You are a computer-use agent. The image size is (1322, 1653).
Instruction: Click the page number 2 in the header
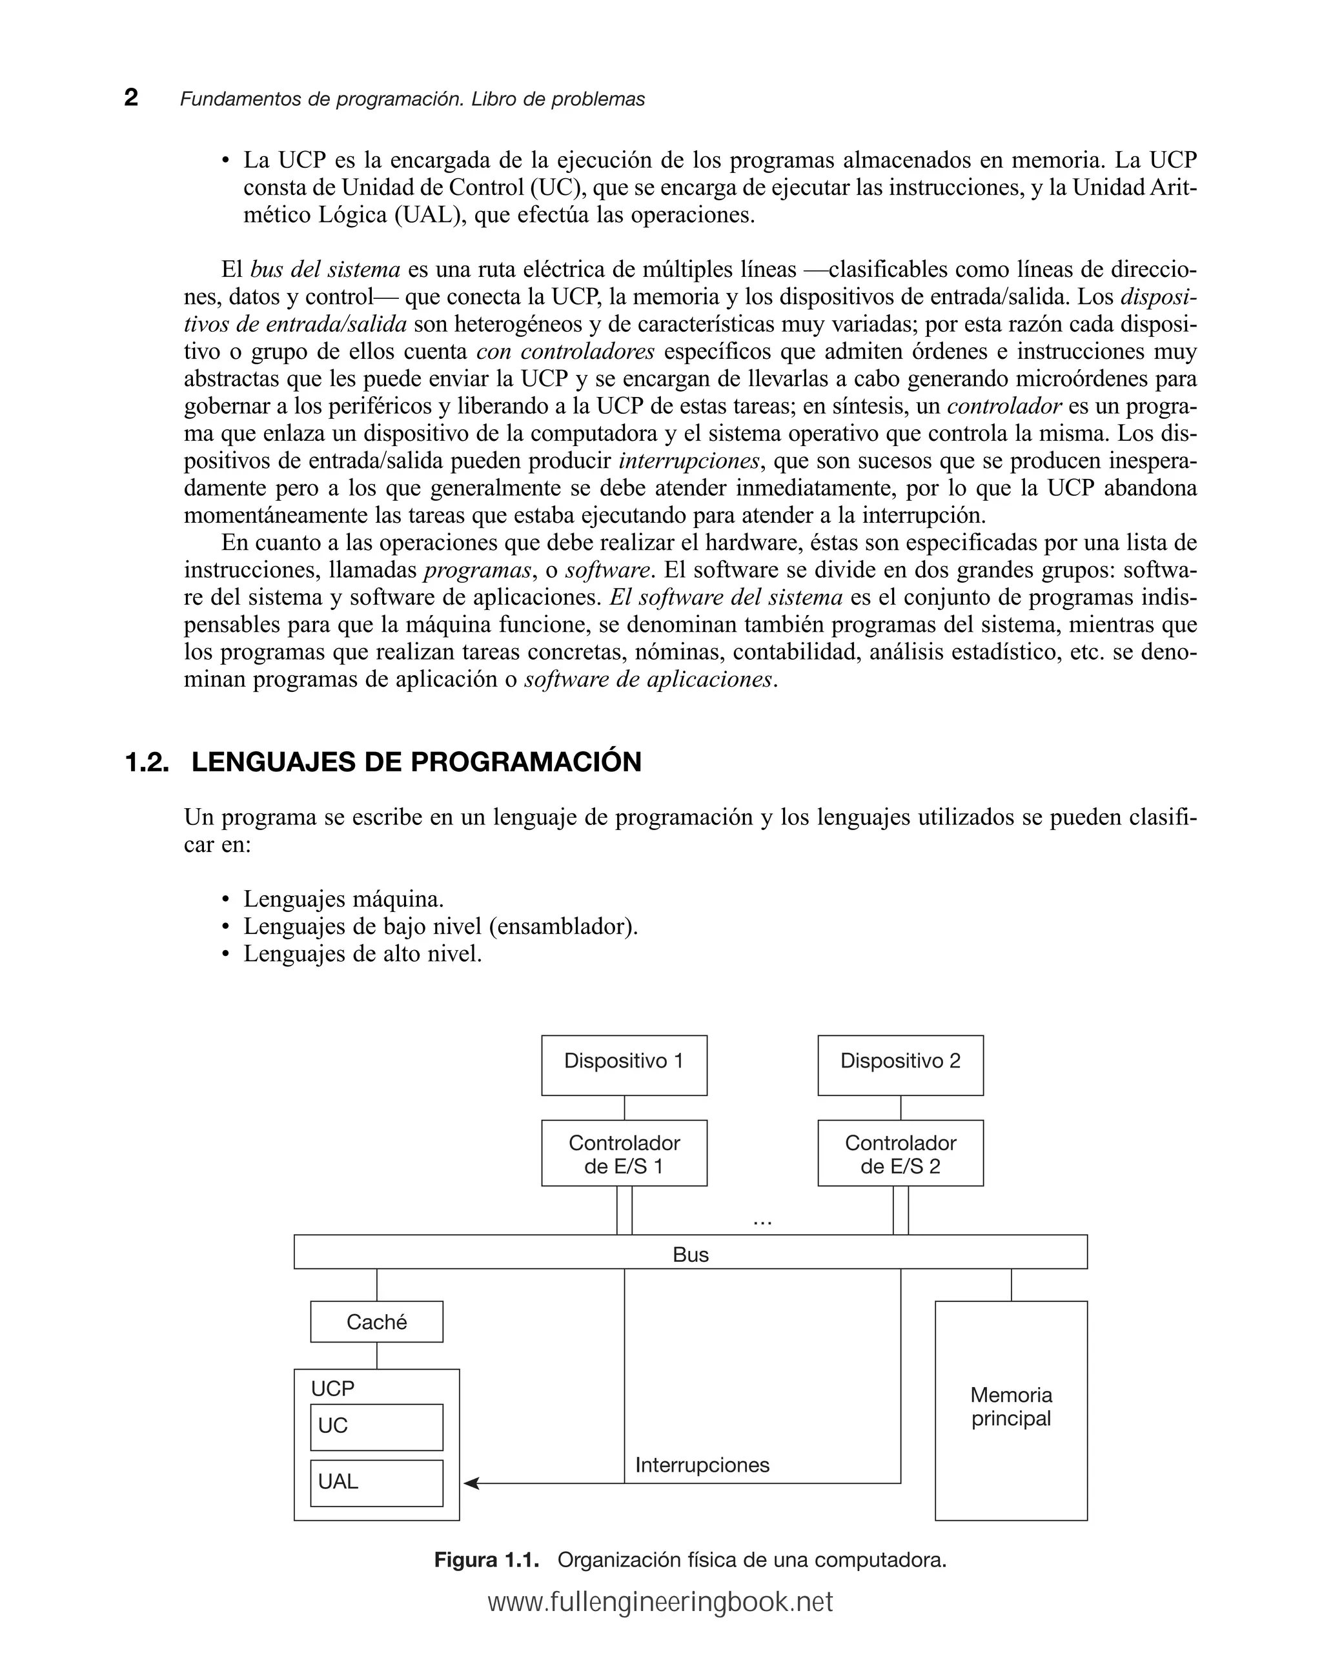click(x=131, y=97)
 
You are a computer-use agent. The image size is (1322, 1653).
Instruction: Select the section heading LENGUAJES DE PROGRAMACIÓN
click(x=416, y=762)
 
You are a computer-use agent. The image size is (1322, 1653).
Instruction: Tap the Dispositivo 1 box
click(x=624, y=1064)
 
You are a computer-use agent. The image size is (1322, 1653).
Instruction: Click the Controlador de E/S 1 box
click(x=624, y=1153)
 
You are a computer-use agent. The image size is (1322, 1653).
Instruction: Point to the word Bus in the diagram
click(x=690, y=1254)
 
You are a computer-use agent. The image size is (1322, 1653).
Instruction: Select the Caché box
click(x=376, y=1322)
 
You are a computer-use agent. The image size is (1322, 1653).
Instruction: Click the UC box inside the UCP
click(x=376, y=1426)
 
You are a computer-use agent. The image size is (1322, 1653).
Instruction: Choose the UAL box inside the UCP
click(x=376, y=1482)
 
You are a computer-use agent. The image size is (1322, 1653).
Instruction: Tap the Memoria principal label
click(x=1010, y=1406)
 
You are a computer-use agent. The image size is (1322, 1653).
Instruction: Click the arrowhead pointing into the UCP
click(x=471, y=1483)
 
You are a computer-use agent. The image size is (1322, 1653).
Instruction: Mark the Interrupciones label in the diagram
click(x=702, y=1465)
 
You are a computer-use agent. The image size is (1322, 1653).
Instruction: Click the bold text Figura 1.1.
click(x=486, y=1559)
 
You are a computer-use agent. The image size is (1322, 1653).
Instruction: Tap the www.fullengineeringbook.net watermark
click(x=660, y=1603)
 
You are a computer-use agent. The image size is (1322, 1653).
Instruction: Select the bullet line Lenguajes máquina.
click(x=343, y=898)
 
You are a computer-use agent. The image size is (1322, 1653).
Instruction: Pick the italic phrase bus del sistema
click(x=325, y=269)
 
